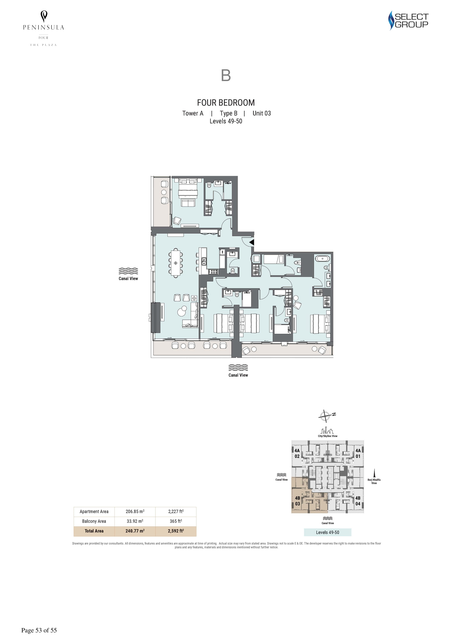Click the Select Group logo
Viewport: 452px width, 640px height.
coord(408,20)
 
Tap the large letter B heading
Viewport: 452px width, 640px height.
coord(226,75)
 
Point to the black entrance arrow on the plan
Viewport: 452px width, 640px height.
coord(252,242)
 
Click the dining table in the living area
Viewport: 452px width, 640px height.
coord(175,263)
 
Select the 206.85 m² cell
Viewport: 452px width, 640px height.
coord(135,511)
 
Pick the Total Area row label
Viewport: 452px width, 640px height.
coord(94,531)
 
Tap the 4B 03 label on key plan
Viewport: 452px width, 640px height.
coord(297,501)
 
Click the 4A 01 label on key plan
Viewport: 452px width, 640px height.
coord(358,453)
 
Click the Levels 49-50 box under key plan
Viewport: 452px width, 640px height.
coord(328,532)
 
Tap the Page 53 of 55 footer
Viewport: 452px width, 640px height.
coord(39,630)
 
